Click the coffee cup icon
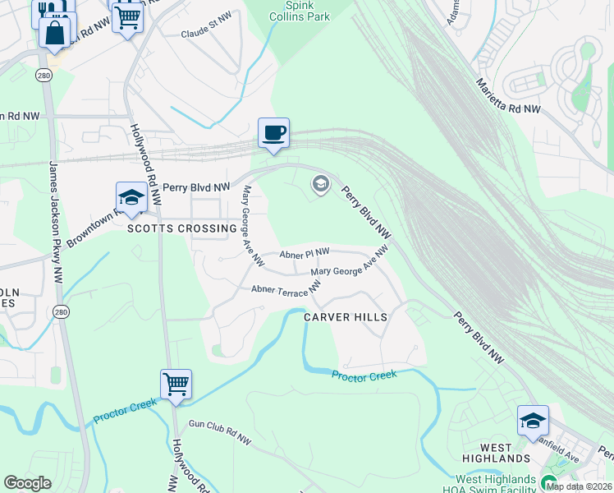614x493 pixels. coord(273,132)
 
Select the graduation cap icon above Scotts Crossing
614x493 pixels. coord(131,197)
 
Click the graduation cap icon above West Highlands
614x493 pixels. coord(533,421)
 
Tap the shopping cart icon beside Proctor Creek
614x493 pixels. coord(176,384)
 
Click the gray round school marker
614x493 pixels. coord(320,185)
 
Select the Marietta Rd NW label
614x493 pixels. coord(509,96)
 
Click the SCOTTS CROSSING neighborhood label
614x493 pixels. coord(181,228)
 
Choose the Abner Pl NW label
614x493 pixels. coord(304,253)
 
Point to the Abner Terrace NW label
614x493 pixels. coord(286,289)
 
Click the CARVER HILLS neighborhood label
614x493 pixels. coord(345,316)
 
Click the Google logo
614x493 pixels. coord(27,483)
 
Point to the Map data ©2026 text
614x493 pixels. coord(579,486)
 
